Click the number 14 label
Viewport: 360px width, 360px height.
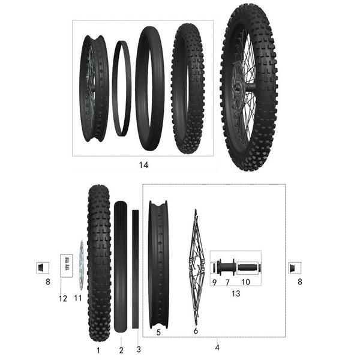[x=143, y=164]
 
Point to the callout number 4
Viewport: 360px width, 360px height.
[x=217, y=346]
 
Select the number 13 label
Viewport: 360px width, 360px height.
[x=235, y=293]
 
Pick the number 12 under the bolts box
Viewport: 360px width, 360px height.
[x=63, y=298]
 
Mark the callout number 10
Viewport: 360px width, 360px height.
[x=245, y=282]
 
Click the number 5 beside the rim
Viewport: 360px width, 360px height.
[x=158, y=331]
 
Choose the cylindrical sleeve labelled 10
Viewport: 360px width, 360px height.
[x=247, y=266]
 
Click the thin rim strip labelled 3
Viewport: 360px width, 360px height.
[x=136, y=269]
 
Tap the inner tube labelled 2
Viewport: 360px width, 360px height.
[x=121, y=268]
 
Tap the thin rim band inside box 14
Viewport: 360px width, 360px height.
[x=122, y=88]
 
